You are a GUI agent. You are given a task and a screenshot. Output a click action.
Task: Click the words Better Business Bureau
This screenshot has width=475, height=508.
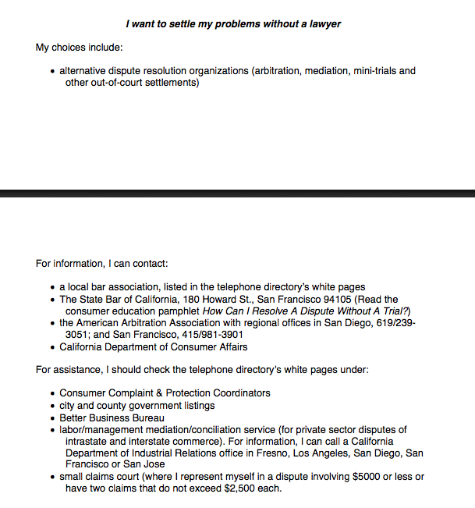(x=112, y=417)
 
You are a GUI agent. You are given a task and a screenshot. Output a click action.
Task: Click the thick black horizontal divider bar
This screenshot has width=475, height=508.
(x=237, y=193)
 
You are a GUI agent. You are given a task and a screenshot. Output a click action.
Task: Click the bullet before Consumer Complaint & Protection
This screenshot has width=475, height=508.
(x=52, y=393)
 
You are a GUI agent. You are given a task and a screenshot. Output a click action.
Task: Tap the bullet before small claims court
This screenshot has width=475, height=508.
(x=52, y=477)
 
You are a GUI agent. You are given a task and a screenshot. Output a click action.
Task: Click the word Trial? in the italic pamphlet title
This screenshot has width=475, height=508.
(x=392, y=311)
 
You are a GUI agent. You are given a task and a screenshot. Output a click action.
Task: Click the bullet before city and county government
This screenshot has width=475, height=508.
(x=52, y=406)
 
